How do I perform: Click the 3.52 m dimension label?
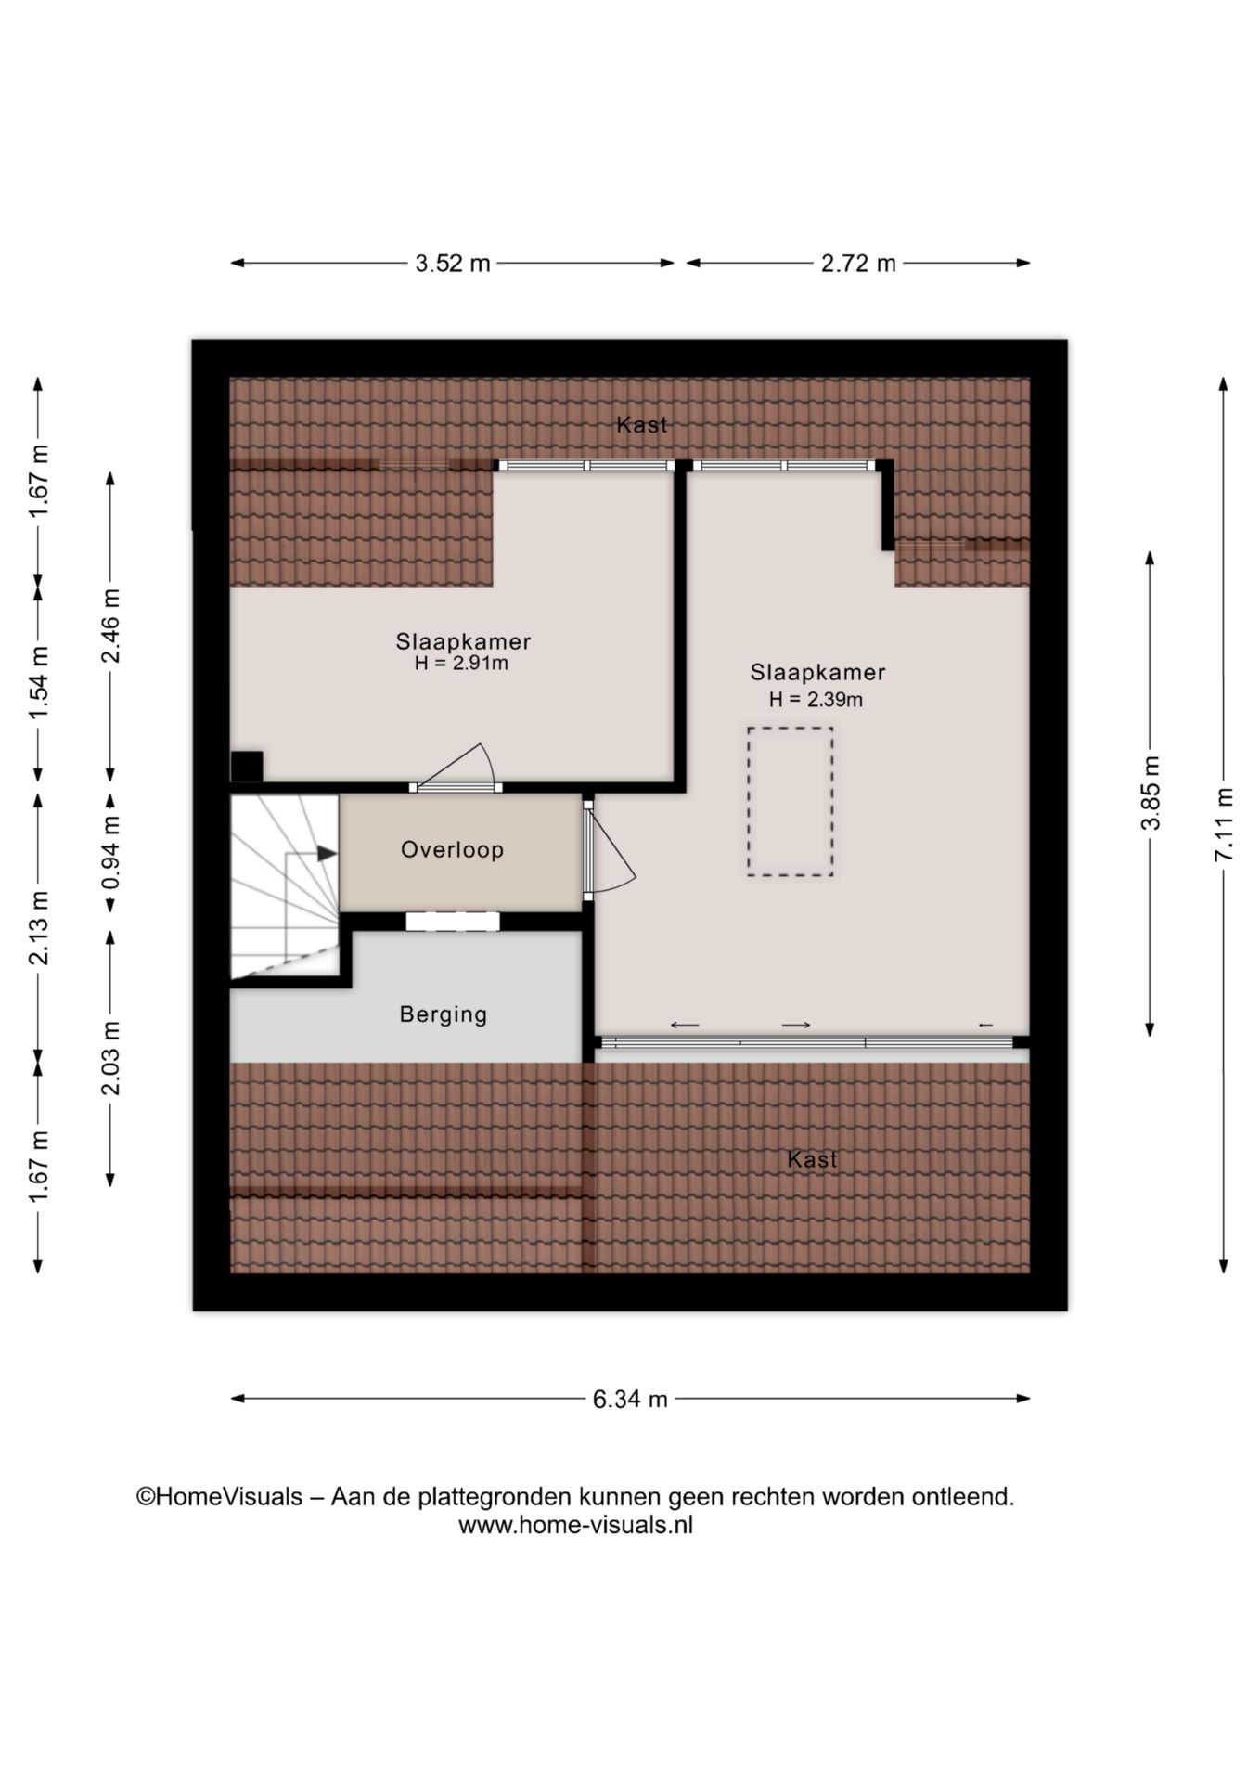tap(453, 264)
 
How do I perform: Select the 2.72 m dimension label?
tap(858, 264)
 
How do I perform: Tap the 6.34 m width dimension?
tap(630, 1399)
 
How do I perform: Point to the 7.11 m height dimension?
tap(1225, 824)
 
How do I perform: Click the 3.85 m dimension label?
tap(1151, 794)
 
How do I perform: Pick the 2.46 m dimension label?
tap(110, 626)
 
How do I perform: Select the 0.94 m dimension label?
tap(110, 851)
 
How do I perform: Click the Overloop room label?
tap(452, 849)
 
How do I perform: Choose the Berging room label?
tap(444, 1014)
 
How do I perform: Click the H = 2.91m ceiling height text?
tap(461, 664)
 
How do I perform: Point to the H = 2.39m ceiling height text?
tap(816, 700)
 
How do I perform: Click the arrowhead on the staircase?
tap(327, 853)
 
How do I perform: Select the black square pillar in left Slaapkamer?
tap(246, 767)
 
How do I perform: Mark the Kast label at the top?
tap(642, 425)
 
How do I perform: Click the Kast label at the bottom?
tap(812, 1159)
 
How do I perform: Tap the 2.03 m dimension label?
tap(110, 1057)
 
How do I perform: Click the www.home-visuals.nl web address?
tap(575, 1525)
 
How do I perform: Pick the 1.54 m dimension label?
tap(38, 682)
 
